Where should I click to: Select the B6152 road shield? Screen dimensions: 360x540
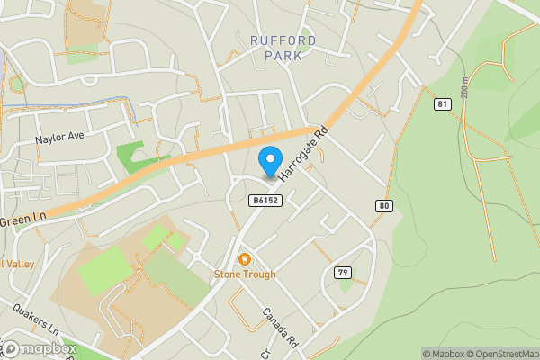click(x=265, y=201)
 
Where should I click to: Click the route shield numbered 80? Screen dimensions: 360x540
click(x=384, y=206)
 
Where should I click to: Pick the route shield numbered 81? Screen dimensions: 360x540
click(x=441, y=105)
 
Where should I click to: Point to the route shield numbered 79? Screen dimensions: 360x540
click(x=342, y=273)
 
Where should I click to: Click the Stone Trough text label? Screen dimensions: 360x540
click(x=245, y=274)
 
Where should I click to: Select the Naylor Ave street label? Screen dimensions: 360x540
click(x=59, y=138)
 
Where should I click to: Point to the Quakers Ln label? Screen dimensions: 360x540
click(x=36, y=321)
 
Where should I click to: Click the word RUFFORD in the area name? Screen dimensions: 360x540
click(x=283, y=39)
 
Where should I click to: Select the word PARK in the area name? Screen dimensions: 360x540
click(x=283, y=55)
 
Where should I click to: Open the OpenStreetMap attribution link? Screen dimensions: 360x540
click(x=501, y=353)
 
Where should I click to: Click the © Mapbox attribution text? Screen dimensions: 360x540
click(x=441, y=353)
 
